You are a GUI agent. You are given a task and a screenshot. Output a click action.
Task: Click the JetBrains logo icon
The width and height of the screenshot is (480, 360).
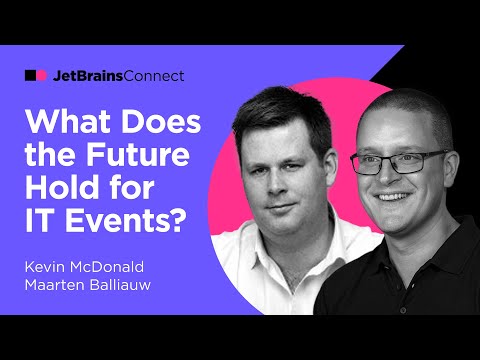click(35, 75)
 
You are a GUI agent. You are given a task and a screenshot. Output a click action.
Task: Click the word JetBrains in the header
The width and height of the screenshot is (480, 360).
click(85, 75)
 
